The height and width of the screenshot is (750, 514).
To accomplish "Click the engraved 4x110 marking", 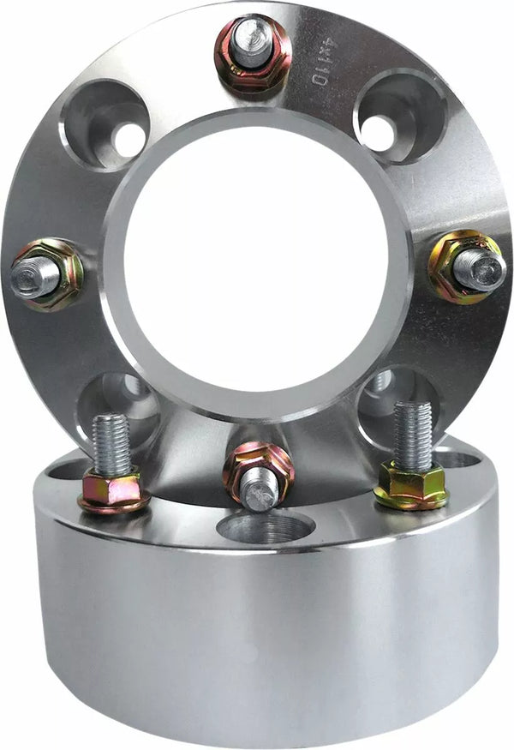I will (320, 65).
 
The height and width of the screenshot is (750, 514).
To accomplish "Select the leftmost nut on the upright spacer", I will (47, 275).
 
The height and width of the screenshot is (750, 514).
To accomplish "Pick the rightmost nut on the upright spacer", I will (466, 267).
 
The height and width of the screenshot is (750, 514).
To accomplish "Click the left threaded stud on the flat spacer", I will (111, 442).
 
